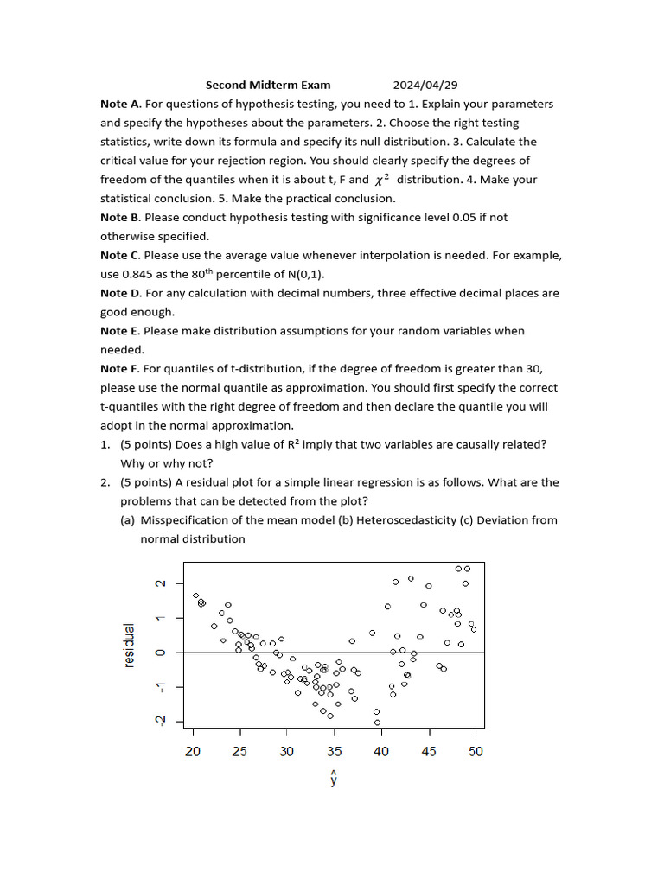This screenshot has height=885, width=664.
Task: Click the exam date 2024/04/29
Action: point(425,85)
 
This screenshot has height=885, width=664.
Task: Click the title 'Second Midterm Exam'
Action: point(268,85)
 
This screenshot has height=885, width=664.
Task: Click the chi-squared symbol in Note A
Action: point(381,180)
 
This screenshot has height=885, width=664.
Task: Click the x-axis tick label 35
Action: point(334,752)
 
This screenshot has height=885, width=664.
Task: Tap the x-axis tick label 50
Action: point(476,752)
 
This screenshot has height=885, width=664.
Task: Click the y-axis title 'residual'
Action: point(130,645)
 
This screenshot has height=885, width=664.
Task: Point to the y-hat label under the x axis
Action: point(334,778)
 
